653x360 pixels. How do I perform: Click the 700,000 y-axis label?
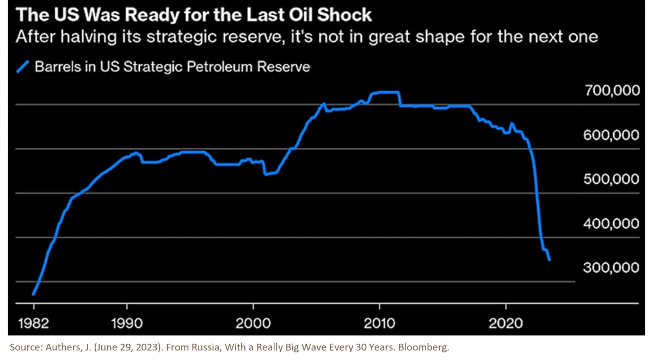coord(612,91)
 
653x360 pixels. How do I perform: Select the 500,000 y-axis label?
coord(612,179)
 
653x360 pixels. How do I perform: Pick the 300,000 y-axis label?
coord(612,268)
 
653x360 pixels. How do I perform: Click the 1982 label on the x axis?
coord(33,321)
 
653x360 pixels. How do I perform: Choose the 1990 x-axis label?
coord(127,321)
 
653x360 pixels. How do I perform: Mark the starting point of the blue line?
coord(33,294)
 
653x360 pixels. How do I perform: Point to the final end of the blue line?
coord(550,260)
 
